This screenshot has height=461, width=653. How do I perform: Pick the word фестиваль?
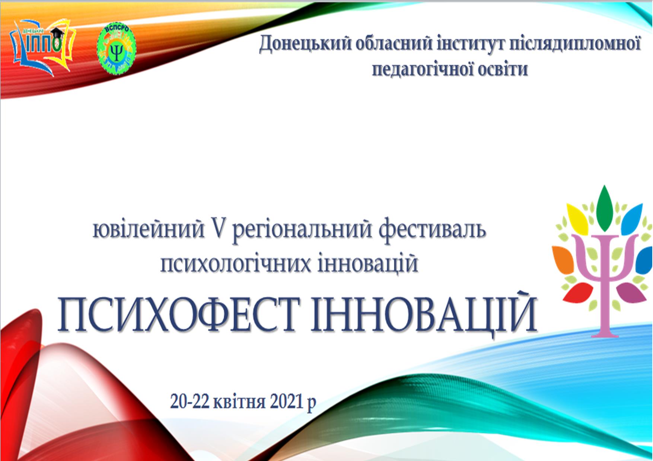point(432,229)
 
